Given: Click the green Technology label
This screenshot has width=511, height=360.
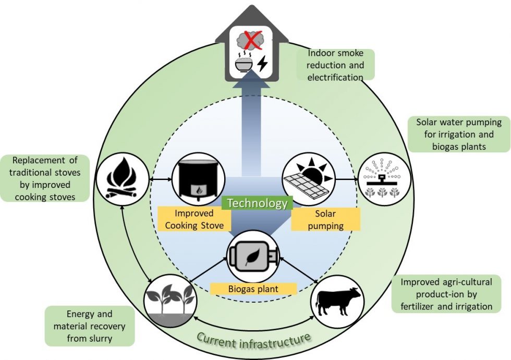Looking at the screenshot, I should pos(256,203).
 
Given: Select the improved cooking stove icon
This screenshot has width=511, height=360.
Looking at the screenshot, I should pos(199,178).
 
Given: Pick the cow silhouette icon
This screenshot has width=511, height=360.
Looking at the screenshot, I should pos(338,301).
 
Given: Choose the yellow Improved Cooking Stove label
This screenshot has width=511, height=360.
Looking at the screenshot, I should pos(193,220).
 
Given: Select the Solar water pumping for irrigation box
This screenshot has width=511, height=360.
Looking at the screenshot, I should pos(459,134).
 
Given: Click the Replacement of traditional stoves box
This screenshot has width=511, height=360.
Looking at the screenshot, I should pos(45,177).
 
